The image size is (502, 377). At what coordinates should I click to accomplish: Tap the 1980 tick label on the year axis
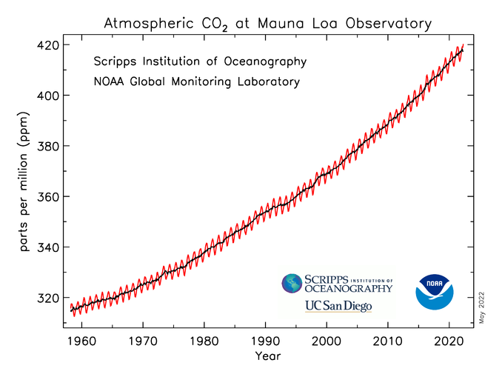[205, 341]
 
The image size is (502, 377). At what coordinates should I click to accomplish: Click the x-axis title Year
[267, 357]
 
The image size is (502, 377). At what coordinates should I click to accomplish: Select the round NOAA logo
[434, 293]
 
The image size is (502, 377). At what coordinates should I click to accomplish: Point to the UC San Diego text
[338, 306]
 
